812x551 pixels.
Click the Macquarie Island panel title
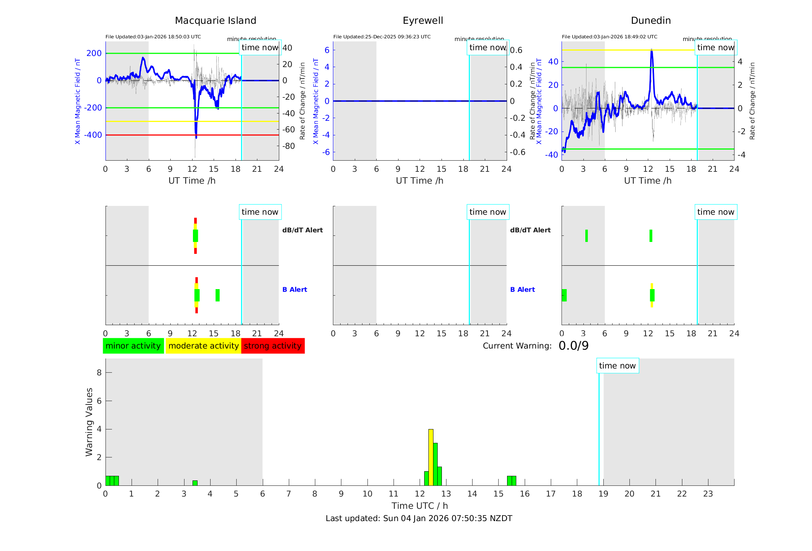(x=215, y=20)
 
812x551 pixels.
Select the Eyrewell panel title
(x=423, y=20)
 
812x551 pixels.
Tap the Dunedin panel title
(x=651, y=20)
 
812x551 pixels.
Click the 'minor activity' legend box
(x=133, y=346)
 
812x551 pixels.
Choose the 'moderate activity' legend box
(x=203, y=346)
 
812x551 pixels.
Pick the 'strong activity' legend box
(x=273, y=346)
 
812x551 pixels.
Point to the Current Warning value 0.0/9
(x=573, y=346)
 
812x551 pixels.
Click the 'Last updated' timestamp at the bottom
(x=419, y=518)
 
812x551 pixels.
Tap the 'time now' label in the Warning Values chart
(x=617, y=366)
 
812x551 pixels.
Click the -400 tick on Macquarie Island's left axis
(x=93, y=135)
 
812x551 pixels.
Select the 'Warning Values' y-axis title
(x=89, y=422)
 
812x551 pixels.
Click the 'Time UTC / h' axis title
(x=420, y=506)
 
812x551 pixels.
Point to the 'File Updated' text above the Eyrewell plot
(x=382, y=37)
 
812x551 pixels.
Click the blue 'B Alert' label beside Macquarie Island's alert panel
(x=295, y=289)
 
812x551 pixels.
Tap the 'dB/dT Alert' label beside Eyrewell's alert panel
(x=530, y=230)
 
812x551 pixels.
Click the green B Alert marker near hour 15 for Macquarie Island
(x=217, y=295)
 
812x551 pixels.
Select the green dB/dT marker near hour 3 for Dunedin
(x=586, y=236)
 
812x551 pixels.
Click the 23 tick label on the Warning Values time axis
(x=708, y=494)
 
